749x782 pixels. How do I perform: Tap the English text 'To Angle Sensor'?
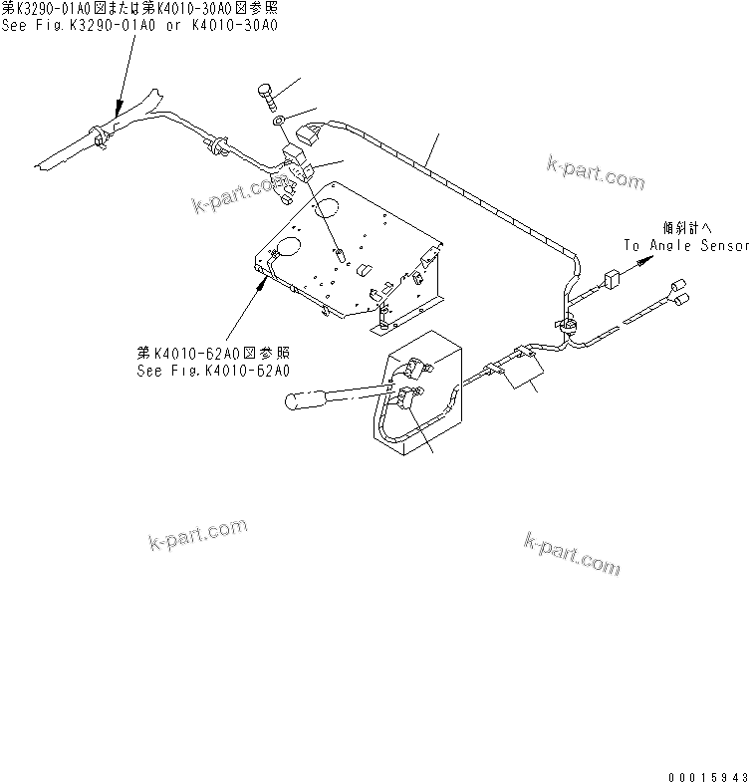[x=685, y=244]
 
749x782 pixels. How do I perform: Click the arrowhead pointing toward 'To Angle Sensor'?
[x=647, y=258]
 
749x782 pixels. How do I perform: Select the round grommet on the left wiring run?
[x=212, y=148]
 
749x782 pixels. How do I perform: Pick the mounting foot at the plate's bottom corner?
[x=382, y=325]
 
